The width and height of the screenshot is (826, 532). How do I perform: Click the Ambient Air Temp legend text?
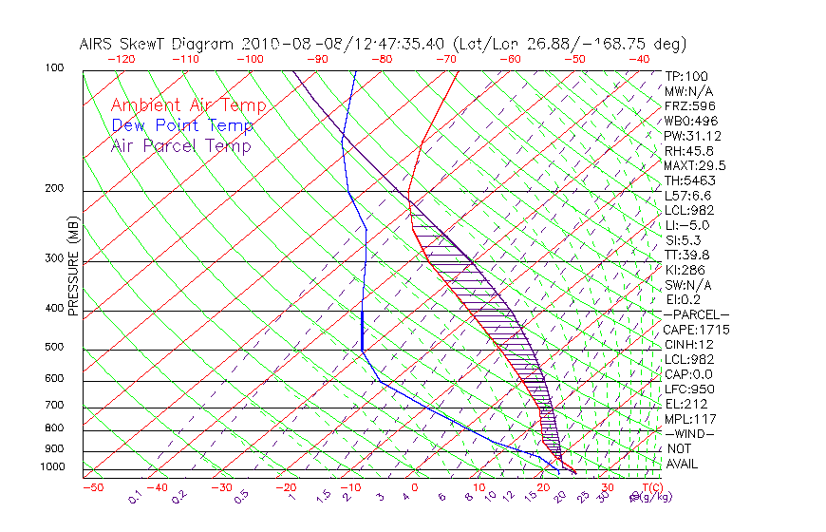[x=188, y=105]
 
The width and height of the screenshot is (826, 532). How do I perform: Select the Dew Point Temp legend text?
[x=182, y=125]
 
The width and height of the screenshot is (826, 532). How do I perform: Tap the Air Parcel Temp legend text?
[x=180, y=145]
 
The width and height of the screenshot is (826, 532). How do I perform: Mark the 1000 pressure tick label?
[x=53, y=466]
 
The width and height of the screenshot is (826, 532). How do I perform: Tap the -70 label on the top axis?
[x=445, y=59]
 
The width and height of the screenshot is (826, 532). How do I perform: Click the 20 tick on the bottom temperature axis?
[x=543, y=487]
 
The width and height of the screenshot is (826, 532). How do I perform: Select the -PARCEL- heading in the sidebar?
[x=696, y=314]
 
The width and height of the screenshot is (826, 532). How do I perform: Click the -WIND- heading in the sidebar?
[x=690, y=433]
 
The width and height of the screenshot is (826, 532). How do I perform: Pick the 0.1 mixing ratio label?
[x=136, y=496]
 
